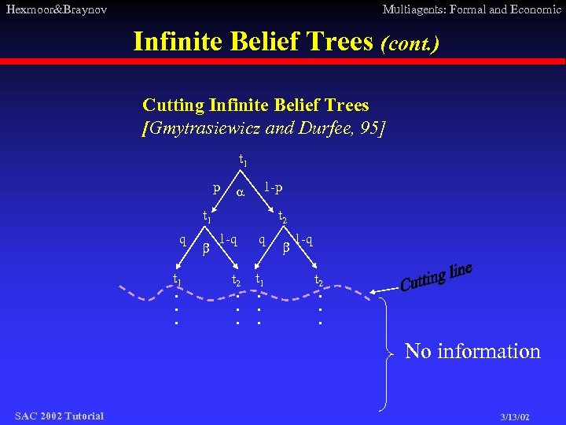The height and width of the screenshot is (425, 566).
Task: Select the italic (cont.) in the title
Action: point(409,42)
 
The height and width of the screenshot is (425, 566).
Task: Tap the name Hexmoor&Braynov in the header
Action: point(56,9)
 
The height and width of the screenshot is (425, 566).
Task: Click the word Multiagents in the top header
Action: point(413,9)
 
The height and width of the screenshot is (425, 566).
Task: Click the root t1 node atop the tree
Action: point(242,161)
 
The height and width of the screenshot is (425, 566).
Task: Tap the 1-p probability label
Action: point(274,187)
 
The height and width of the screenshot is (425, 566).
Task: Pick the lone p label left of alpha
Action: point(216,187)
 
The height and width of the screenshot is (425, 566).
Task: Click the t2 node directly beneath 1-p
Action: point(282,215)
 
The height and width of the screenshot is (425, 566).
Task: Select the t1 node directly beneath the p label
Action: point(207,215)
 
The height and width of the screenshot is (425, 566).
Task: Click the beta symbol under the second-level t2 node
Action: point(286,247)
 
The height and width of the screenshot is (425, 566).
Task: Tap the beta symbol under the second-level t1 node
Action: point(207,249)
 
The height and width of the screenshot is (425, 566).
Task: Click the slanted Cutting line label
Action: point(436,276)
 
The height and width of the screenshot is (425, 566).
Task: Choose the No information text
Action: point(472,351)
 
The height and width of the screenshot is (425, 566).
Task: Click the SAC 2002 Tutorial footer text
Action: point(59,416)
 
